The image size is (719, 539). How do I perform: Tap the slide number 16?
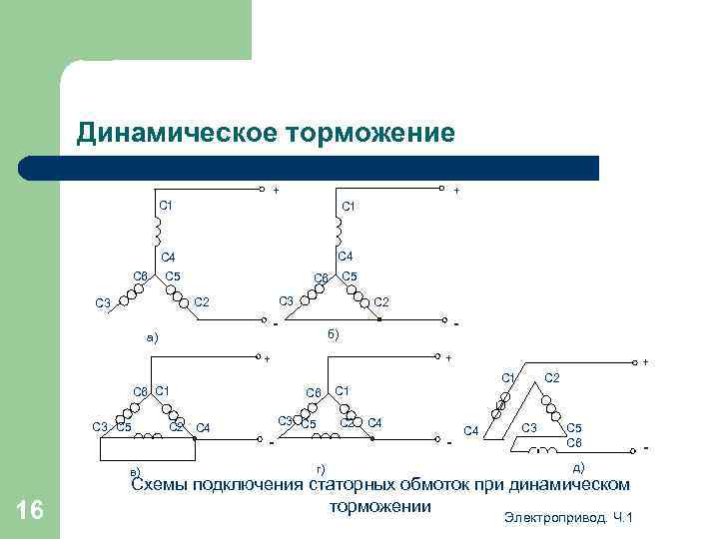coord(31,511)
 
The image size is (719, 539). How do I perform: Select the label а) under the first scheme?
coord(152,338)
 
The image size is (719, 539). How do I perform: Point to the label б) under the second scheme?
coord(334,333)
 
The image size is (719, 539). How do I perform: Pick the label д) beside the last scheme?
coord(578,466)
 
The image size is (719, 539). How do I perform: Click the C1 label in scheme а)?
coord(167,206)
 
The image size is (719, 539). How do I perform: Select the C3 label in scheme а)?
coord(103,303)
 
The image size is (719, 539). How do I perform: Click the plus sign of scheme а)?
coord(277,188)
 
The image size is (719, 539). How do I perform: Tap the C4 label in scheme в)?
coord(203,428)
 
